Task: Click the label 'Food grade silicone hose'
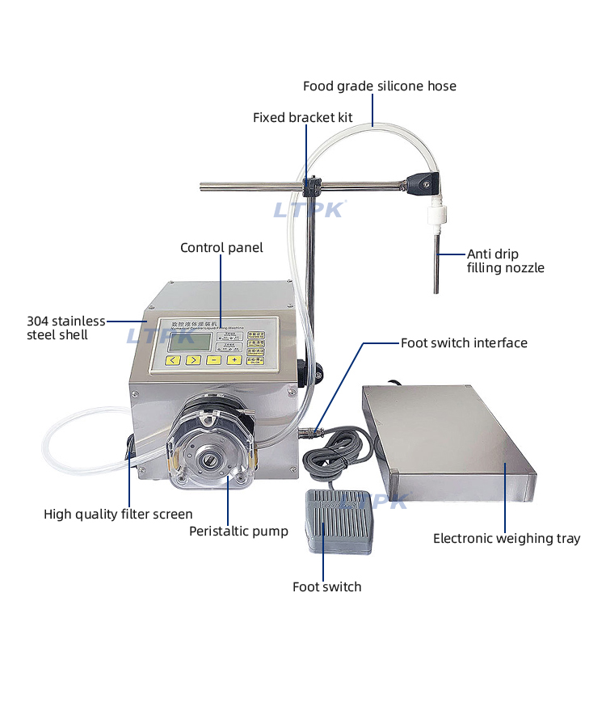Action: coord(379,86)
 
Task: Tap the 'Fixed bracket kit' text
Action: coord(302,117)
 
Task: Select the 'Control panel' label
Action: coord(221,247)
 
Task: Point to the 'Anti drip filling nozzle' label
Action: coord(505,260)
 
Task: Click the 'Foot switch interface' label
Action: coord(464,342)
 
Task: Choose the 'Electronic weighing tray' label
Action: coord(507,538)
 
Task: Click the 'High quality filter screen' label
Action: coord(118,514)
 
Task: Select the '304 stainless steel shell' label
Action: coord(65,327)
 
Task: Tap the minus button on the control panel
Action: coord(213,359)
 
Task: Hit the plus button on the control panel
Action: coord(234,359)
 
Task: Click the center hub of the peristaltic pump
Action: coord(208,462)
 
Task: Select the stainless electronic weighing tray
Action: coord(448,440)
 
